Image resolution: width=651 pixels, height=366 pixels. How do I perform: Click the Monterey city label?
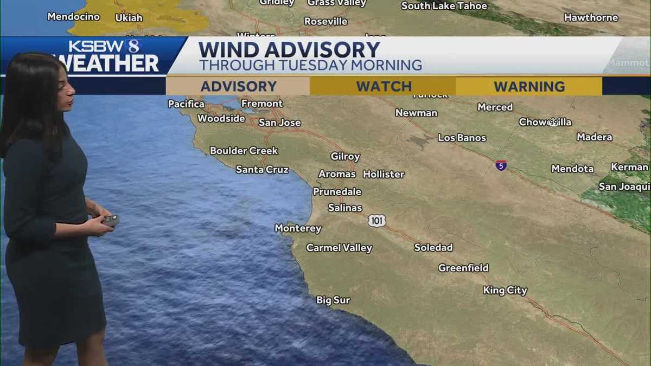point(298,228)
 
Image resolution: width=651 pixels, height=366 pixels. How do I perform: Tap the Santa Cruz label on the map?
point(262,170)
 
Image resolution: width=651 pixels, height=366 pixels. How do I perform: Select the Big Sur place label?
point(333,300)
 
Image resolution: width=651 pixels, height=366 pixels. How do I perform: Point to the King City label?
point(505,291)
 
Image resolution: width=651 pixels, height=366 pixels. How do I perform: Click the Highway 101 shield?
point(376,221)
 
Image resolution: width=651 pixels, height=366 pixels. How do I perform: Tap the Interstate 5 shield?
point(501,165)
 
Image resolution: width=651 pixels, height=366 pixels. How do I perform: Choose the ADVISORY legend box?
point(238,86)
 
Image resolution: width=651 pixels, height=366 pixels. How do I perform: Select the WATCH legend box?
point(384,86)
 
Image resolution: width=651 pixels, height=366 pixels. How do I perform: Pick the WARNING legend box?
point(529,86)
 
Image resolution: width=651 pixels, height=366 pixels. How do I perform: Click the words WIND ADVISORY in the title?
point(289,50)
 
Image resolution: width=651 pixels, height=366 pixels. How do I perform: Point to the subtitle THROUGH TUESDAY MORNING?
point(310,66)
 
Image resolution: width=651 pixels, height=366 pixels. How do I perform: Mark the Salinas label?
point(345,208)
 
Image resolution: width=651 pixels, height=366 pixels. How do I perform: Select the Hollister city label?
point(384,174)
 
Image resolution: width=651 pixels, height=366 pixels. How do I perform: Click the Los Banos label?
point(462,138)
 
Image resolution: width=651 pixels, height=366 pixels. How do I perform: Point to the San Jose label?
point(279,123)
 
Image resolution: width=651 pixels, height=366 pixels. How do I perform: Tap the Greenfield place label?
point(463,268)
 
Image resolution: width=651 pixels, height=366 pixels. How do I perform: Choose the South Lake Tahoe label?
point(444,6)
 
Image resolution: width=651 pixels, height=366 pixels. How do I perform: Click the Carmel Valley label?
point(339,248)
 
